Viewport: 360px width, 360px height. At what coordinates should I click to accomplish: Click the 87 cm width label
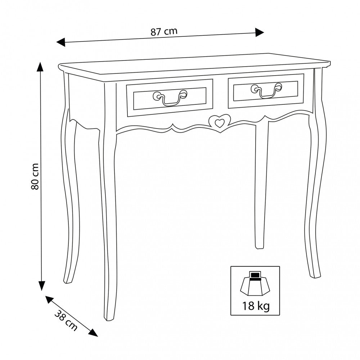click(164, 31)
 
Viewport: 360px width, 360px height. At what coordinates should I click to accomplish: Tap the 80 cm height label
click(35, 176)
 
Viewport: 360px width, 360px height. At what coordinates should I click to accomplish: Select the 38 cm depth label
click(66, 320)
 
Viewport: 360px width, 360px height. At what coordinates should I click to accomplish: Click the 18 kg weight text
click(256, 306)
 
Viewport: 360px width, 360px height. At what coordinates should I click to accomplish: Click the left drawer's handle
click(170, 98)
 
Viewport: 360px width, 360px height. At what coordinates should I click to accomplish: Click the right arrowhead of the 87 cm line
click(260, 32)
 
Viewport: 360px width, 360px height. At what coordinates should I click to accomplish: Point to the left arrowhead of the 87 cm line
click(61, 42)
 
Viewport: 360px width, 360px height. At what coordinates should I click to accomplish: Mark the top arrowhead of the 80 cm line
click(41, 67)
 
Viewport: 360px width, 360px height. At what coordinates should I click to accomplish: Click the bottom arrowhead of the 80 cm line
click(41, 286)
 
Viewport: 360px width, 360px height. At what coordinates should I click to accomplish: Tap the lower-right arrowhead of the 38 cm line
click(94, 332)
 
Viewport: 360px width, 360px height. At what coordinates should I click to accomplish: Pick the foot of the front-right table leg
click(315, 275)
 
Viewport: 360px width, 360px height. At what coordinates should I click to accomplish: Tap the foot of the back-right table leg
click(260, 247)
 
